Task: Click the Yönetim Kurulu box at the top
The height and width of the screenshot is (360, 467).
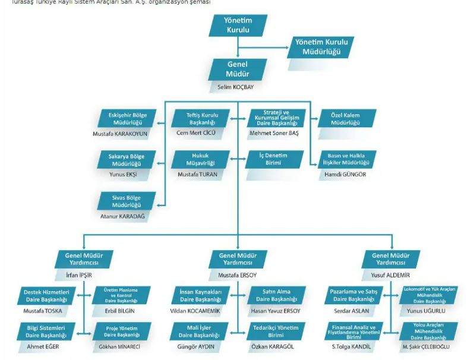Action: click(x=238, y=25)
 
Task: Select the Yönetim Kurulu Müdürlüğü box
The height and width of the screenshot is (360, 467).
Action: click(x=321, y=47)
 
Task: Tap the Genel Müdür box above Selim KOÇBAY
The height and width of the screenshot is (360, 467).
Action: click(x=238, y=70)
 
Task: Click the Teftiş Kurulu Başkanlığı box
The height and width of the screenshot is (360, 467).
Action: click(x=203, y=118)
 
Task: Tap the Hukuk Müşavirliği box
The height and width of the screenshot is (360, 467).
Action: click(x=202, y=159)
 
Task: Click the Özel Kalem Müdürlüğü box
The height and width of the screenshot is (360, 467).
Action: click(x=345, y=118)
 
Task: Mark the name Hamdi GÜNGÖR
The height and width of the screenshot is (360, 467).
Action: click(x=345, y=175)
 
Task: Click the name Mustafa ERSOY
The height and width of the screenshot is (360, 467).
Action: click(x=238, y=276)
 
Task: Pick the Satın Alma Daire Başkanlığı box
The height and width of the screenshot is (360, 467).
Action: click(x=276, y=295)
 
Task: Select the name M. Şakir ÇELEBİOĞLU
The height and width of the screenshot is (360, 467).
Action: click(x=427, y=346)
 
